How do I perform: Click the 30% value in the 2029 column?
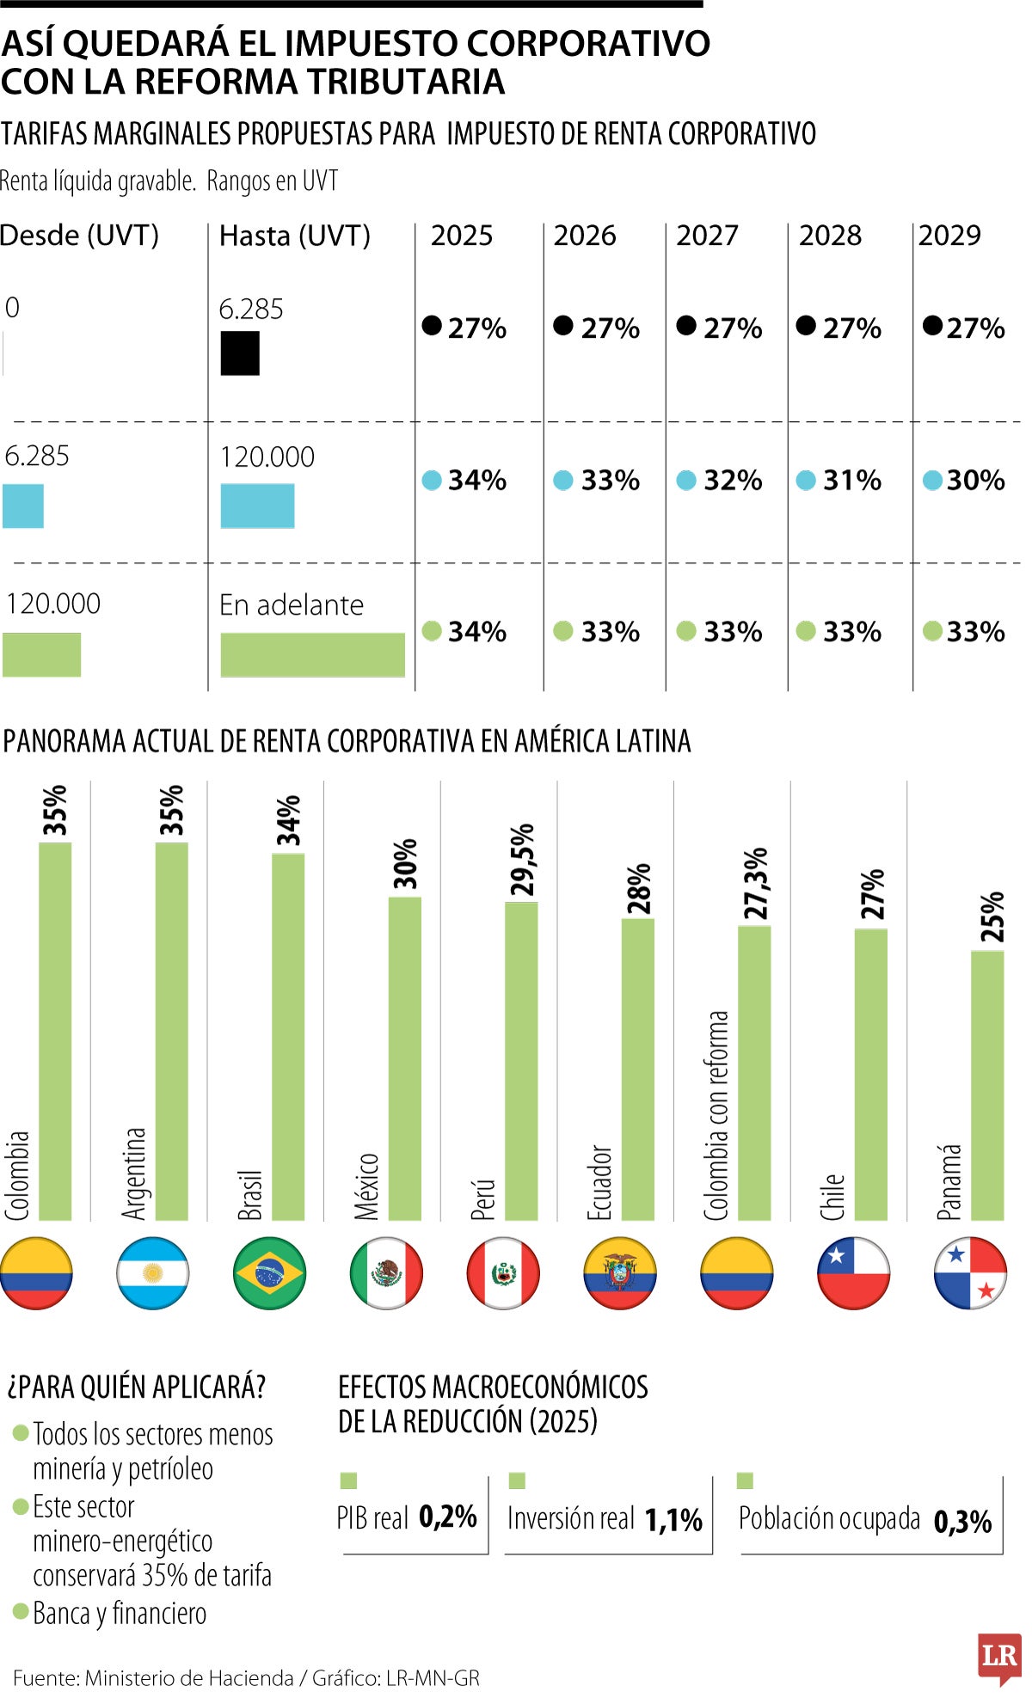[x=975, y=481]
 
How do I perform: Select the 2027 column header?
[x=707, y=236]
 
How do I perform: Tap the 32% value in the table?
[x=732, y=481]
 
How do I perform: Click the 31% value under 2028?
[x=851, y=481]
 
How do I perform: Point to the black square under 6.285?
[x=240, y=354]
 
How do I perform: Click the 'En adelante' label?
[x=292, y=605]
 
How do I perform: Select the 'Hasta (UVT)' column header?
[x=295, y=236]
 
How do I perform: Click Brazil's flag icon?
[x=269, y=1273]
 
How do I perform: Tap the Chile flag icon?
[x=853, y=1273]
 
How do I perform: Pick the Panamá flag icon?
[x=970, y=1273]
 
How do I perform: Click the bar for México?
[x=404, y=1057]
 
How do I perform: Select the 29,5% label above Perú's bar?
[x=522, y=859]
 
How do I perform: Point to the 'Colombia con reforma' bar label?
[x=716, y=1115]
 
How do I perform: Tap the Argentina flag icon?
[x=152, y=1273]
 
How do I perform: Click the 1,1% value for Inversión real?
[x=673, y=1520]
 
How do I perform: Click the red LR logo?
[x=999, y=1656]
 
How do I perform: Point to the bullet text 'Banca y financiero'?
[x=120, y=1614]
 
